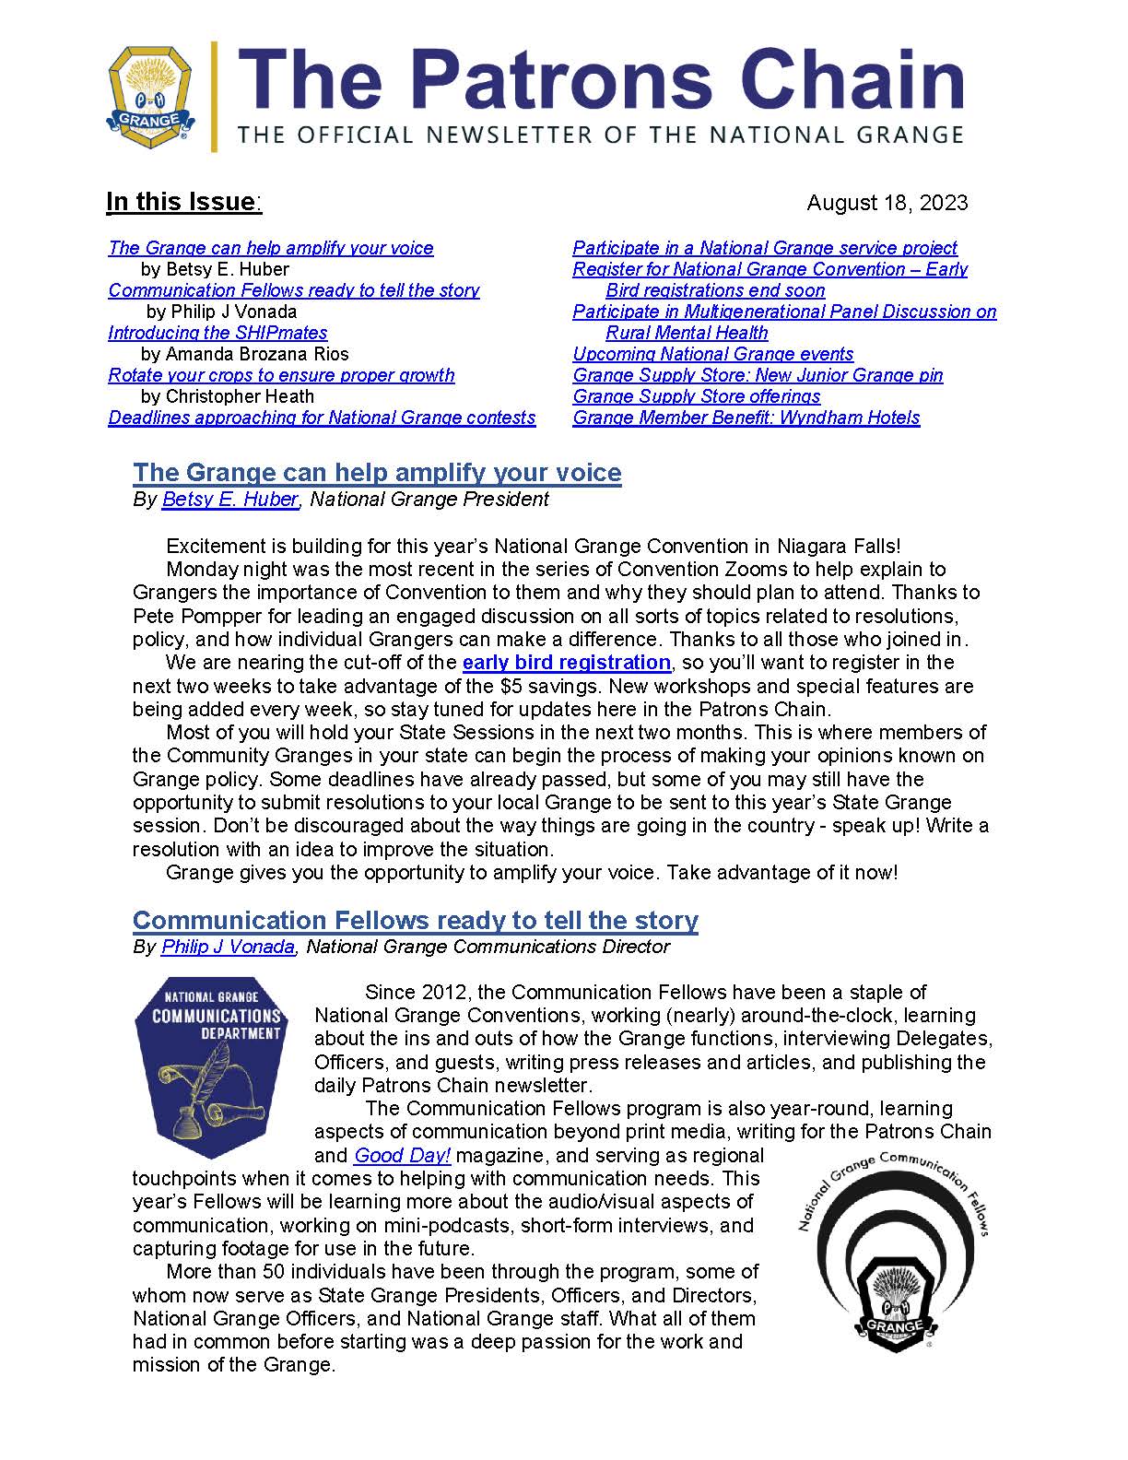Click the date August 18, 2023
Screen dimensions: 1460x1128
click(x=887, y=203)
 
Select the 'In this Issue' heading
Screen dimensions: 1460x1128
click(x=182, y=202)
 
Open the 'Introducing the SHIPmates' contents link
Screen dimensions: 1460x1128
click(x=217, y=333)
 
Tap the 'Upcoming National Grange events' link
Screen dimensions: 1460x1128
click(x=712, y=354)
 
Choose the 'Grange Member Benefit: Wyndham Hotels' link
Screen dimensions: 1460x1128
click(x=746, y=418)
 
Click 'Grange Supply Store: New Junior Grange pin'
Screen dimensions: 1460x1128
click(x=758, y=375)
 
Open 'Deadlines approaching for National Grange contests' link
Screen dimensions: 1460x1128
click(x=322, y=418)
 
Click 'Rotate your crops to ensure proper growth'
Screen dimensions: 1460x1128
click(x=281, y=375)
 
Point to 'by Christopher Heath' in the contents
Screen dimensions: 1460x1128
click(x=227, y=396)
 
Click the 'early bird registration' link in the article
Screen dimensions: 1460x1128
click(x=566, y=662)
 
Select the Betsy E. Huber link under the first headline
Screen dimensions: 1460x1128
click(x=229, y=500)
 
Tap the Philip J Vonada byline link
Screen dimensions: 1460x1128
click(x=228, y=947)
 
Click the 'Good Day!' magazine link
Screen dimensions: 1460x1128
click(x=402, y=1155)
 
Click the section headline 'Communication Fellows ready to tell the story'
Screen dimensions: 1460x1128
click(x=415, y=920)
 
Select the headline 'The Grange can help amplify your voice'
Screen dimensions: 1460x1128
click(x=377, y=472)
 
